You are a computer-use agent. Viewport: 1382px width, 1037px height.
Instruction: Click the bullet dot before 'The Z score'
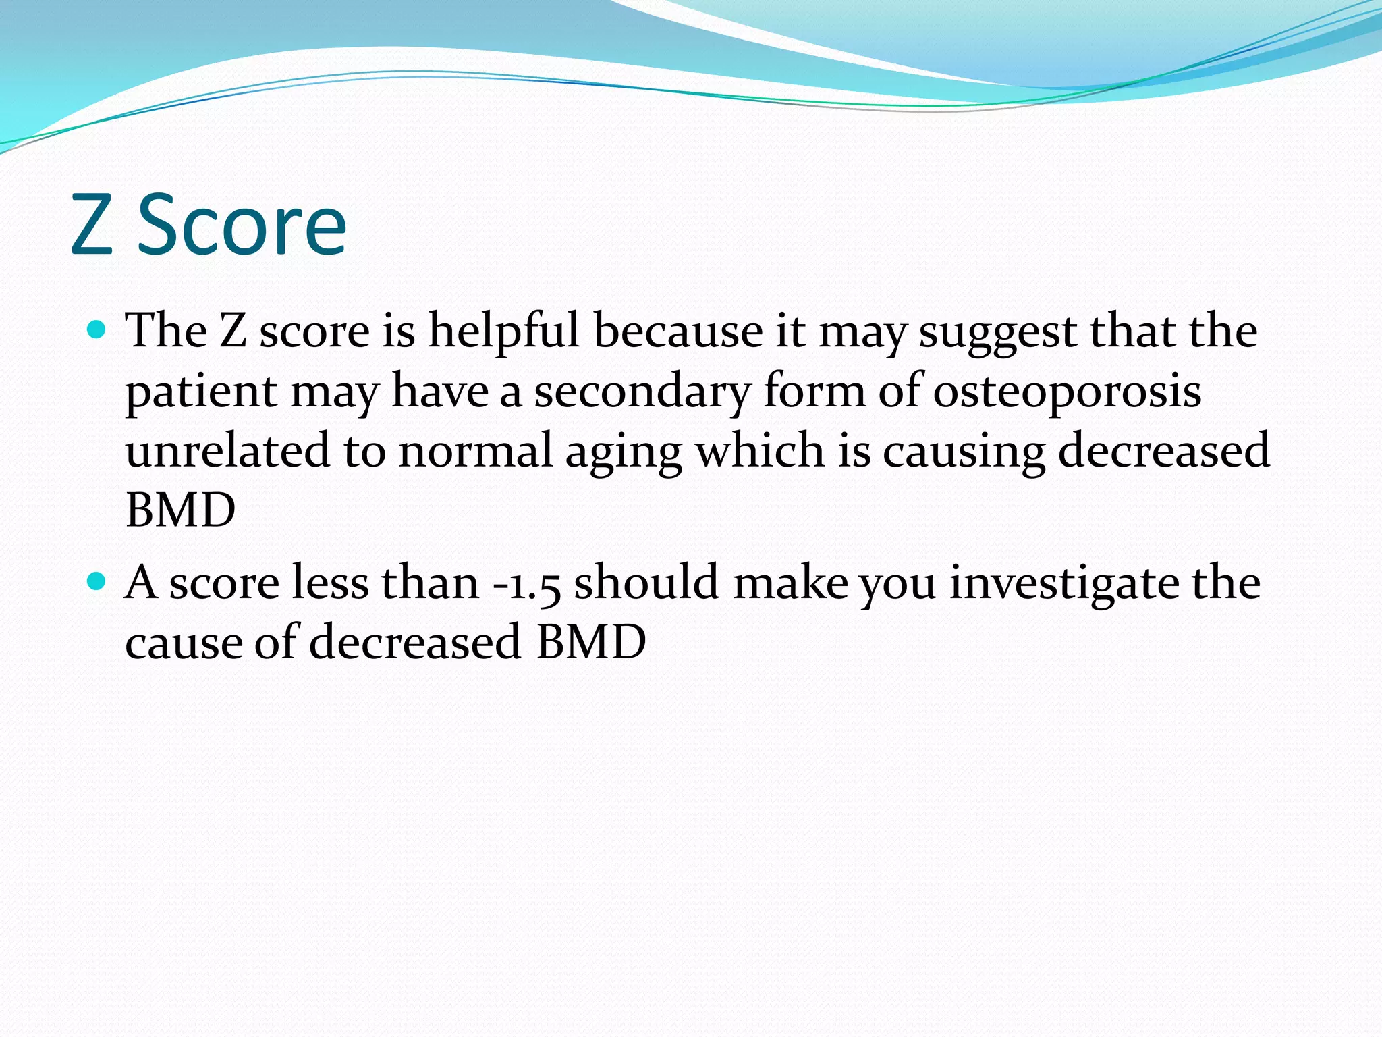[x=97, y=329]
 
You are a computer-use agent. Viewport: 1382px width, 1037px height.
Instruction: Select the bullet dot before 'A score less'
[x=97, y=581]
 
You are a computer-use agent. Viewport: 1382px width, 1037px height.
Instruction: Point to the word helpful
[x=503, y=332]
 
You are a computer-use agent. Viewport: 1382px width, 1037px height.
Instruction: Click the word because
[x=678, y=332]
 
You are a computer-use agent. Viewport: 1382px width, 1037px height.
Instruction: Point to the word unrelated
[x=227, y=451]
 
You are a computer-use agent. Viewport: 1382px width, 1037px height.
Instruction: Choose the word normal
[x=476, y=451]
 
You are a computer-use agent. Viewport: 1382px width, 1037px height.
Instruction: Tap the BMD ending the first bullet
[x=180, y=510]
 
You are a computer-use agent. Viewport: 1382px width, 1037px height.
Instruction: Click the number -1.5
[x=527, y=583]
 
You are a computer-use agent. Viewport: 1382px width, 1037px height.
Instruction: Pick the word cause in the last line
[x=183, y=643]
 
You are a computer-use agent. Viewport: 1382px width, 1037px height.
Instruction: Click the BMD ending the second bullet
[x=591, y=641]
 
